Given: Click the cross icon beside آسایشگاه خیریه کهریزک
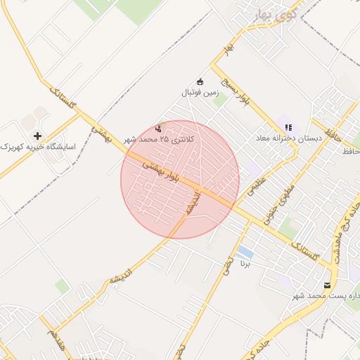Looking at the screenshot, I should pos(37,135).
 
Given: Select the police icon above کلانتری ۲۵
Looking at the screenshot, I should pos(158,129).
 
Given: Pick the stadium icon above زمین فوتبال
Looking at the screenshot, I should pos(200,80).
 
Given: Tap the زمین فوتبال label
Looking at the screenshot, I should pos(200,92).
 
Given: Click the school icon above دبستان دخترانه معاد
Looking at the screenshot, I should pos(288,128).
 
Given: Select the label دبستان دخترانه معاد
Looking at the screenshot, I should pos(288,139).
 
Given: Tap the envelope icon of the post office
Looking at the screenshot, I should pos(327,285).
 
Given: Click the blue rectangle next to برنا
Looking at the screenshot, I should pos(245,252).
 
